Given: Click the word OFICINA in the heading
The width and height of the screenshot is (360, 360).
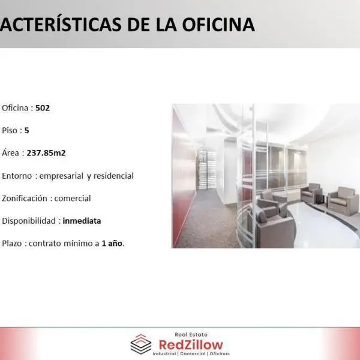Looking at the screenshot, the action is (x=218, y=25).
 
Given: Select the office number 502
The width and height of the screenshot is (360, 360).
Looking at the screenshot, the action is (x=43, y=108).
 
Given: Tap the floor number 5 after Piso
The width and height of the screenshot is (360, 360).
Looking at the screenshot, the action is (x=26, y=130).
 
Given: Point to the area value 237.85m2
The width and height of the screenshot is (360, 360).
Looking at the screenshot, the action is (x=46, y=153).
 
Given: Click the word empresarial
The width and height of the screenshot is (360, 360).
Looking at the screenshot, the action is (x=61, y=176).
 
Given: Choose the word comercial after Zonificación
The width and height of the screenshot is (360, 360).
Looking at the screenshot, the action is (x=73, y=199).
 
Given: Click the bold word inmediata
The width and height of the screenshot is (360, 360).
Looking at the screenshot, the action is (x=82, y=221).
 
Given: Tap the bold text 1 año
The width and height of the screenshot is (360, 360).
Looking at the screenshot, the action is (x=112, y=244).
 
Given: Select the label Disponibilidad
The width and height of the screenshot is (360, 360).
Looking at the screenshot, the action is (x=29, y=221).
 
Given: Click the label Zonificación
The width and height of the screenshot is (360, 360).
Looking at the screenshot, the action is (x=25, y=199).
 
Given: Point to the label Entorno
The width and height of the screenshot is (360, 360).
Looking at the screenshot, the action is (x=17, y=176).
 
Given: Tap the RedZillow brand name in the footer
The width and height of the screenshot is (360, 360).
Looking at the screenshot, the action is (x=191, y=345).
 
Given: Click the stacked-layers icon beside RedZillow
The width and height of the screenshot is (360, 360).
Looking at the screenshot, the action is (x=141, y=344).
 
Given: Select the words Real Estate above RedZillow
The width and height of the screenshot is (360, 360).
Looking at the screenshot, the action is (x=191, y=335).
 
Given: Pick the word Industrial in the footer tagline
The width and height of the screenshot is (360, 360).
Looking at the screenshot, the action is (x=164, y=353).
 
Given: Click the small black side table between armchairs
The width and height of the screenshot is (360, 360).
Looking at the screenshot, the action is (x=320, y=199).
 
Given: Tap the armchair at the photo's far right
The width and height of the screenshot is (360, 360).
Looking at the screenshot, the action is (x=344, y=201).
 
